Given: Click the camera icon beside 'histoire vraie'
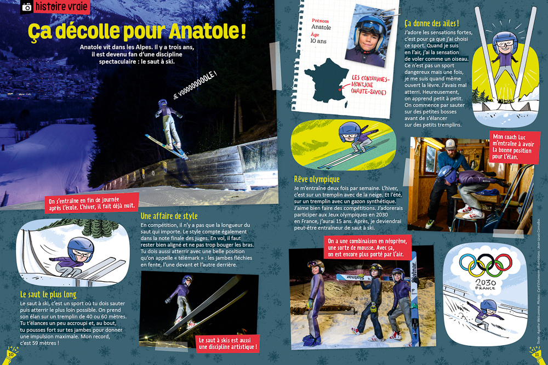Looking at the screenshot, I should pos(25,7).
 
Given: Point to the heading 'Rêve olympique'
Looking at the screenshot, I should pos(317,179).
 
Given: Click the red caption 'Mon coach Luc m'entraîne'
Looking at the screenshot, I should pos(515,146).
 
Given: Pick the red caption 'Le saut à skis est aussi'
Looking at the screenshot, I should pos(227,343).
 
